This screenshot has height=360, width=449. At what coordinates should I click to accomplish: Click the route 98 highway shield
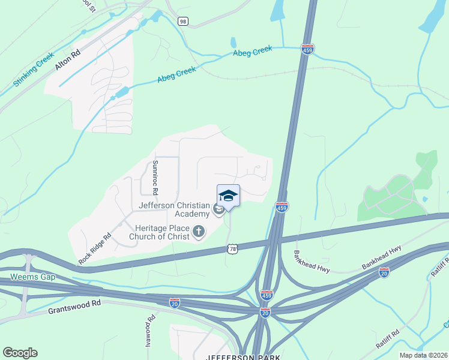pos(182,21)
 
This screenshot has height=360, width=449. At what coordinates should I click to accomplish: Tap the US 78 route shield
pos(232,248)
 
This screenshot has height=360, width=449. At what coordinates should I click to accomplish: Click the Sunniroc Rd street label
pos(155,178)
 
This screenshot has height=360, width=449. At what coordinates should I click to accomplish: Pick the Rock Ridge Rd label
pos(95,249)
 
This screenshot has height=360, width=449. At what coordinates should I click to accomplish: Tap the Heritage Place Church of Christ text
pos(162,232)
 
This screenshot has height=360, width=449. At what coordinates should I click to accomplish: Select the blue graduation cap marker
pos(228,196)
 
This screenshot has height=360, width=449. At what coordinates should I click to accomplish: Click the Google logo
pos(20,353)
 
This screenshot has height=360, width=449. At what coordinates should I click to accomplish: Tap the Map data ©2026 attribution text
pos(423,355)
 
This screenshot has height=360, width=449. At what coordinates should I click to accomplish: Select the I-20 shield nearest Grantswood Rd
pos(174,304)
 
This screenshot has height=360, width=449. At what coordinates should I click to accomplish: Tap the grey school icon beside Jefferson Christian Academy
pos(218,209)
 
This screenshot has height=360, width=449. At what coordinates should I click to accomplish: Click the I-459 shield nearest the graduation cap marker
pos(282,207)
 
